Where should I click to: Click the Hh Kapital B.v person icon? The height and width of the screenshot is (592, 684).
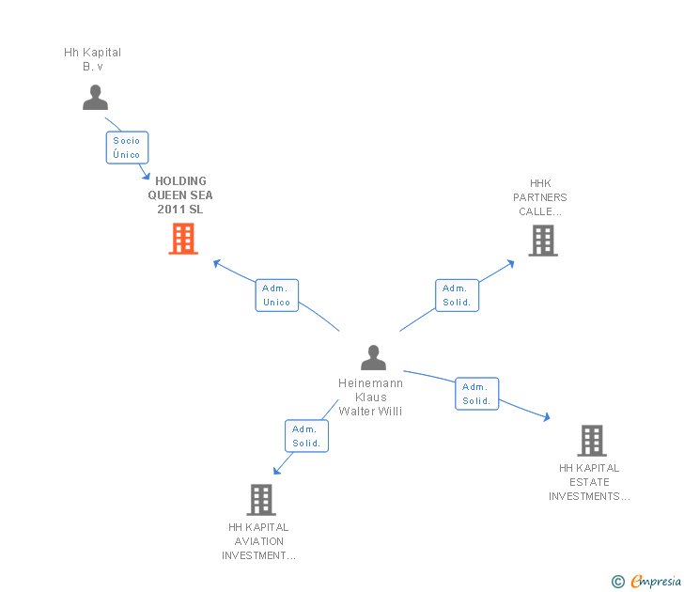click(95, 98)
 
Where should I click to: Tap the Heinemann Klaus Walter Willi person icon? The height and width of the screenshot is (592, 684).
click(373, 357)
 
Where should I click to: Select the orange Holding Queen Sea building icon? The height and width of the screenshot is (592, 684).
click(183, 239)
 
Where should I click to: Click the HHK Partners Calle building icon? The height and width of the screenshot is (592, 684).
click(543, 241)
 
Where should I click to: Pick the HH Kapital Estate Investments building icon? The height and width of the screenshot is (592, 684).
click(592, 441)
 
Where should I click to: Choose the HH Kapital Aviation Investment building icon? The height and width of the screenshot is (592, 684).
click(261, 500)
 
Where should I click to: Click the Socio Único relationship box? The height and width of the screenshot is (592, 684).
click(127, 148)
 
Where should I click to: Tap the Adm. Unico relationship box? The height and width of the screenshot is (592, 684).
click(276, 295)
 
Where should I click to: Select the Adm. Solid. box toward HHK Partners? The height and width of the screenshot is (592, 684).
click(457, 295)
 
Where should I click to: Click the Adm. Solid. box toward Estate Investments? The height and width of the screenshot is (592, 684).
click(476, 394)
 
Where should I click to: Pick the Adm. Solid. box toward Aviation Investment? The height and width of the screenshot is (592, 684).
click(306, 436)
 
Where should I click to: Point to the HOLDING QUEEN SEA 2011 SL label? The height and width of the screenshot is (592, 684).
click(180, 195)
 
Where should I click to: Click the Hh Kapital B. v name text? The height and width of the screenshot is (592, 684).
click(92, 59)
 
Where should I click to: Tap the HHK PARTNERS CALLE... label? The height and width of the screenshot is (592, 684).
click(540, 197)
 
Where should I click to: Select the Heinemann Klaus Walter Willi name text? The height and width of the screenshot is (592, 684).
click(370, 397)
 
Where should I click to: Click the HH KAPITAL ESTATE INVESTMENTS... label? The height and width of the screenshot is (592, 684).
click(589, 482)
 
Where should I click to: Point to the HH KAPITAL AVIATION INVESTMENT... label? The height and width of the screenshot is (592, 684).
click(258, 541)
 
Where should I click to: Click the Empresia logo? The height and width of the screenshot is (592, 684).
click(656, 581)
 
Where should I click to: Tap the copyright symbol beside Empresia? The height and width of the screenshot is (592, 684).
click(618, 582)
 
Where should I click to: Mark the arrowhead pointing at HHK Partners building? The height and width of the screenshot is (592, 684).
click(511, 263)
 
